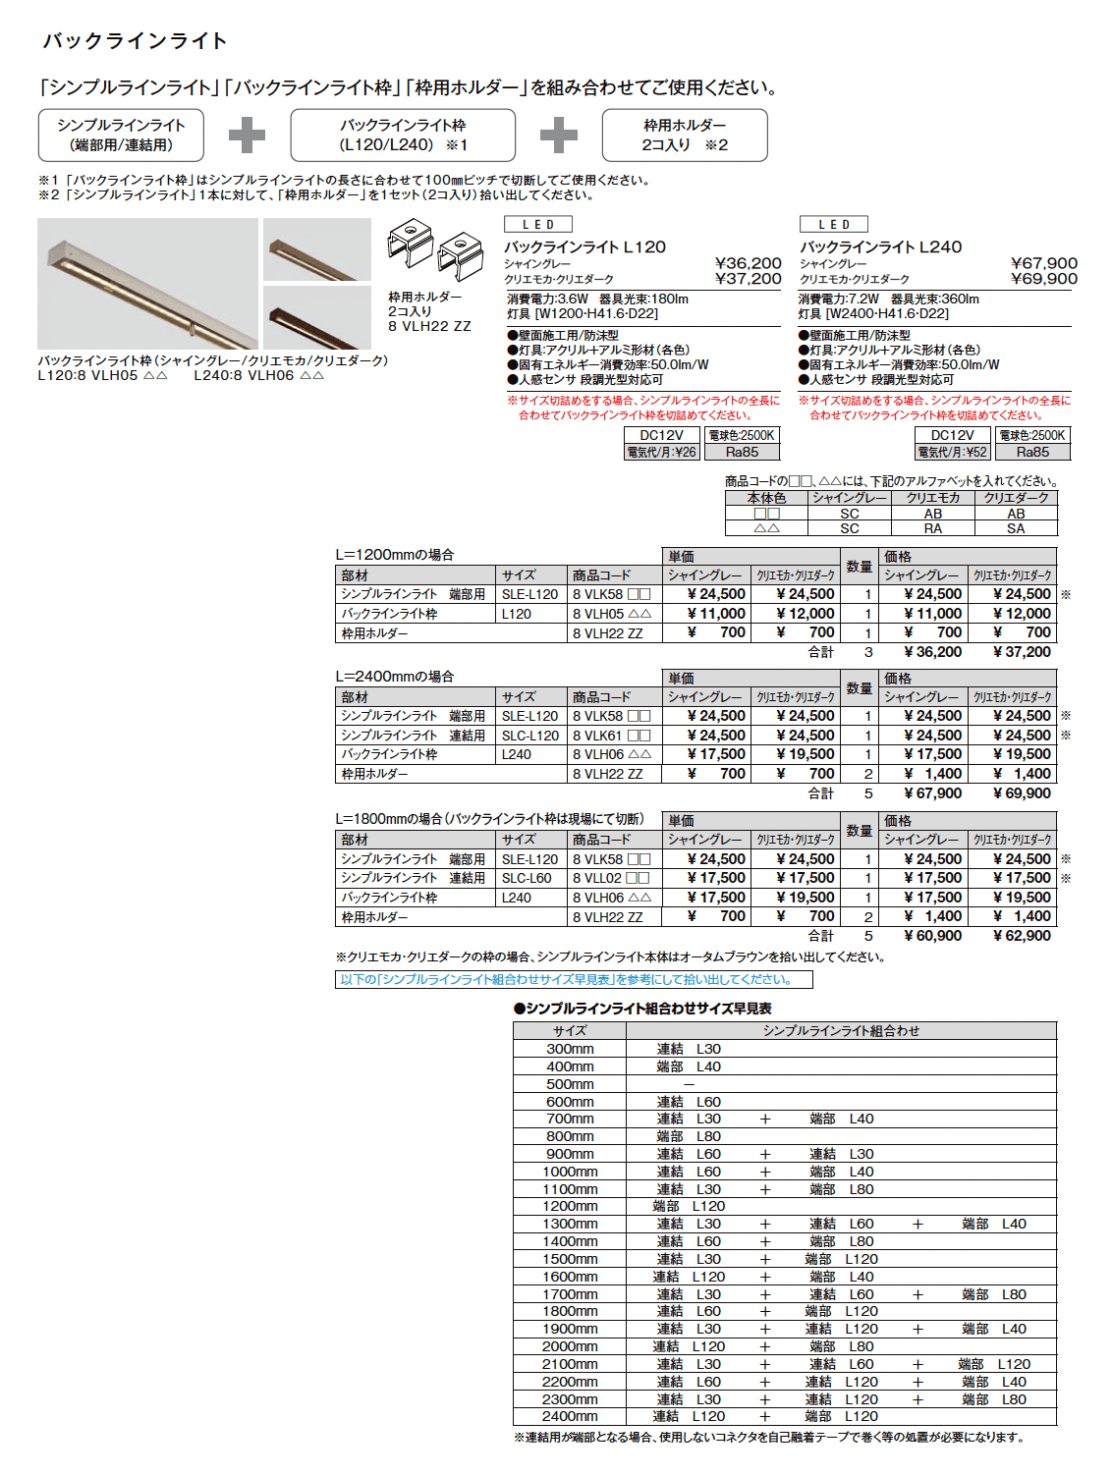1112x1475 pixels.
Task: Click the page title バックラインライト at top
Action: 135,41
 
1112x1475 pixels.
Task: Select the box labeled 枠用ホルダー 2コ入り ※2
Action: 685,136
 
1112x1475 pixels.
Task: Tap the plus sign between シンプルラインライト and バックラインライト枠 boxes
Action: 247,136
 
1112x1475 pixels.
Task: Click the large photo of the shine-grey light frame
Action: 147,284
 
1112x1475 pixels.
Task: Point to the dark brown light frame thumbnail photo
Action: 316,316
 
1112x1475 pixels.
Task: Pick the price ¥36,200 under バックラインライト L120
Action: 748,263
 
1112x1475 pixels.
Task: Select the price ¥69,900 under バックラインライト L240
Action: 1043,279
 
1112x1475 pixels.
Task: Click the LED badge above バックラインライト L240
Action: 834,225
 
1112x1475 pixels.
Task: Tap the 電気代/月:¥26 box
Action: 661,453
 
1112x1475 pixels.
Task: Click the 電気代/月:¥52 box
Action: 952,453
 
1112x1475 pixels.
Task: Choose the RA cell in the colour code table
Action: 932,528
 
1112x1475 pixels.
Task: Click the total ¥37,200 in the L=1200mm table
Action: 1022,652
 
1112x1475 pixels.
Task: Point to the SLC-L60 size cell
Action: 527,878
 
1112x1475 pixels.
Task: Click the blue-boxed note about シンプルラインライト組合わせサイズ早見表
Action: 574,980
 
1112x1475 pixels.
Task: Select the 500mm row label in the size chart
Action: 570,1084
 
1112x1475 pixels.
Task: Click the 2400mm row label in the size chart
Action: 570,1416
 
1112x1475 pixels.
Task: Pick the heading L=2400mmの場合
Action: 394,677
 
